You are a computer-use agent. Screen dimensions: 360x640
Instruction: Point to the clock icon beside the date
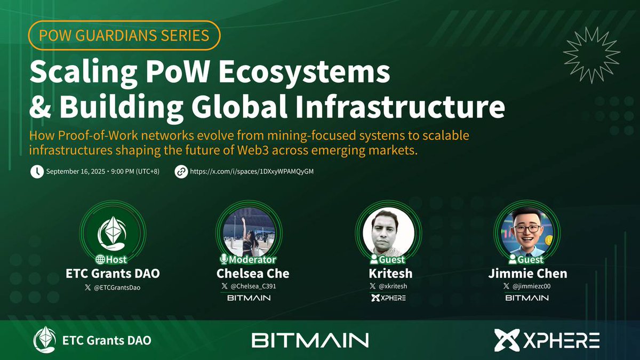coord(37,172)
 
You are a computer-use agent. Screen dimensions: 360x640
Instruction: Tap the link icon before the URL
coord(181,172)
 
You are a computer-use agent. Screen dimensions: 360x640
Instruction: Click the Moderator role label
coord(249,260)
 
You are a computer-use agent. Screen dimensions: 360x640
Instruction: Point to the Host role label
coord(113,260)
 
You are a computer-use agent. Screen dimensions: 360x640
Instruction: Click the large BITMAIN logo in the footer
coord(310,340)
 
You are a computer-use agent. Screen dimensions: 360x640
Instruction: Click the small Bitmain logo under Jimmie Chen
coord(527,298)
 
